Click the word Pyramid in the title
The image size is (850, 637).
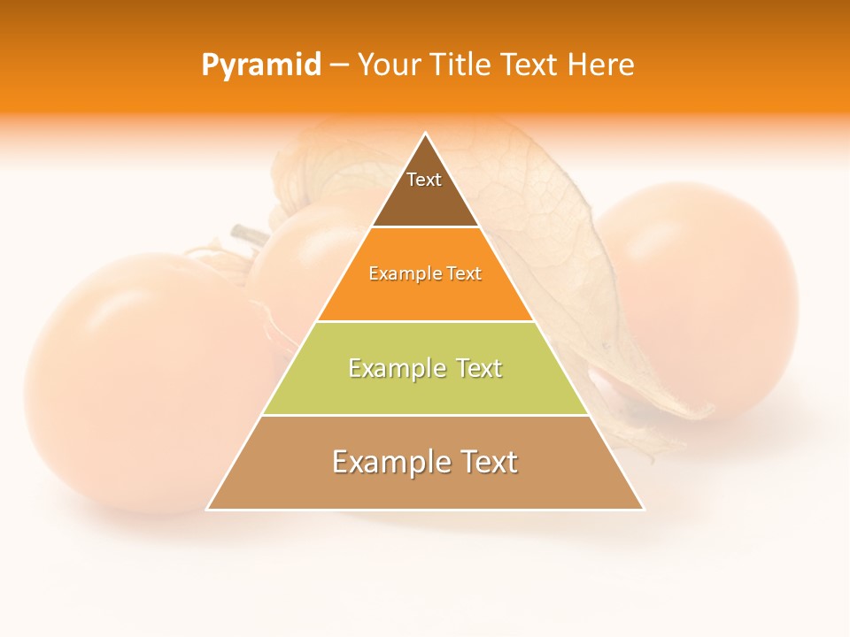click(x=260, y=65)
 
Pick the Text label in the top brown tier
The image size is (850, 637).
click(x=424, y=180)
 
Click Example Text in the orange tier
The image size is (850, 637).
click(x=425, y=273)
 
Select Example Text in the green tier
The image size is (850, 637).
click(x=425, y=368)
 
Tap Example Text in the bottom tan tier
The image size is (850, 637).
click(x=425, y=462)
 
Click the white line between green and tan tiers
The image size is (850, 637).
click(x=425, y=416)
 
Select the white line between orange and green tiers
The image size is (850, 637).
click(x=425, y=321)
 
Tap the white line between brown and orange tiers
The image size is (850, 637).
click(x=425, y=227)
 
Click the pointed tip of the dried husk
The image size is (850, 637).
click(x=708, y=412)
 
